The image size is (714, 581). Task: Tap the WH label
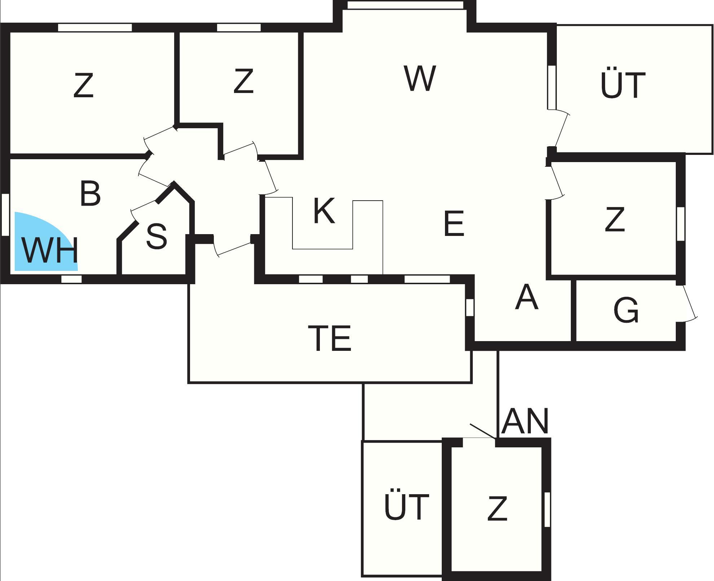click(50, 250)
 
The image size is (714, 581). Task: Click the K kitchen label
click(324, 210)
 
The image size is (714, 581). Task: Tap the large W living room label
click(420, 78)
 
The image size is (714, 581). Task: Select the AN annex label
click(525, 421)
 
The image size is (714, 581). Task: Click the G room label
click(626, 310)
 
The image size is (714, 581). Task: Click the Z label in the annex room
click(497, 509)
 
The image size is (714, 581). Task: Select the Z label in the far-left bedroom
click(83, 85)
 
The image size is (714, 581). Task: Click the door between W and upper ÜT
click(559, 130)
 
